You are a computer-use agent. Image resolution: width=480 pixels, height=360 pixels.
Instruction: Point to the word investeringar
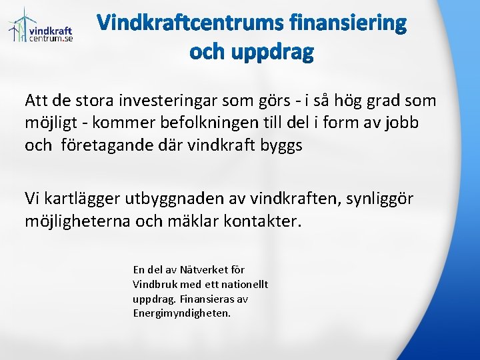pyautogui.click(x=173, y=101)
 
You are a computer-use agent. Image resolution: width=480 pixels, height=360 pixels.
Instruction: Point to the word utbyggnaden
pyautogui.click(x=175, y=198)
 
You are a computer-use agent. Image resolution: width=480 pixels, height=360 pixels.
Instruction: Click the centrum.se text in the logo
pyautogui.click(x=51, y=39)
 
